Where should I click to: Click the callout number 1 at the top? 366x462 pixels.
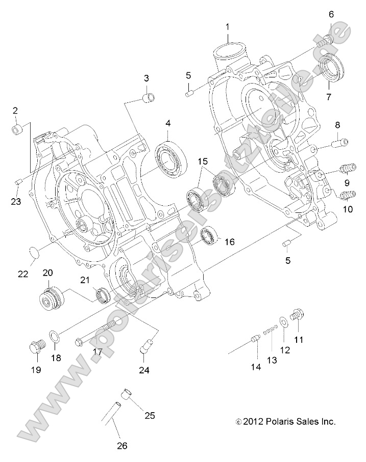[x=228, y=26]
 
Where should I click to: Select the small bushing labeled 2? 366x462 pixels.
[x=17, y=129]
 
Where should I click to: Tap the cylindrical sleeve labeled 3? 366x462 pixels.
[x=149, y=97]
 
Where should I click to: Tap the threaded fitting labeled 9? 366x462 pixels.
[x=347, y=169]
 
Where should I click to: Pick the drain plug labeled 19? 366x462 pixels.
[x=35, y=349]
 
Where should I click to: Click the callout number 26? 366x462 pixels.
[x=121, y=446]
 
